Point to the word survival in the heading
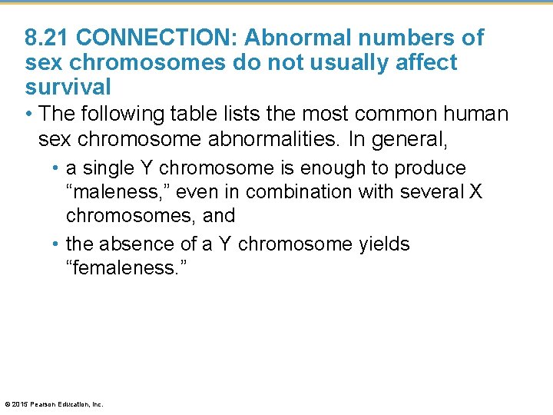pyautogui.click(x=68, y=85)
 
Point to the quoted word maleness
pyautogui.click(x=119, y=192)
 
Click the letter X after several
pyautogui.click(x=475, y=192)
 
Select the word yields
pyautogui.click(x=385, y=244)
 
